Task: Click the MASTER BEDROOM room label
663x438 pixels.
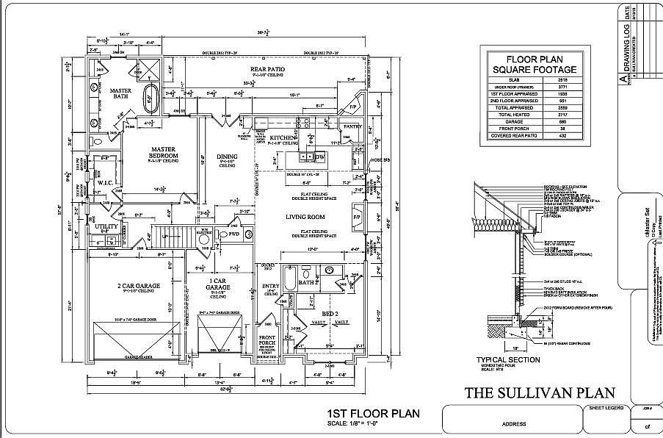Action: pos(160,152)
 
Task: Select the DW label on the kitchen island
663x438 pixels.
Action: pos(319,157)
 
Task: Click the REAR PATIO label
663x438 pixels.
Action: pos(267,69)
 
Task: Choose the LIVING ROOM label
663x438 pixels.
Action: pos(305,217)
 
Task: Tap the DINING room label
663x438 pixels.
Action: pos(227,157)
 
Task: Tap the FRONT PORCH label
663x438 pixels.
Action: pos(267,341)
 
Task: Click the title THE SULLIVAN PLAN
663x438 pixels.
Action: pos(540,392)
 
